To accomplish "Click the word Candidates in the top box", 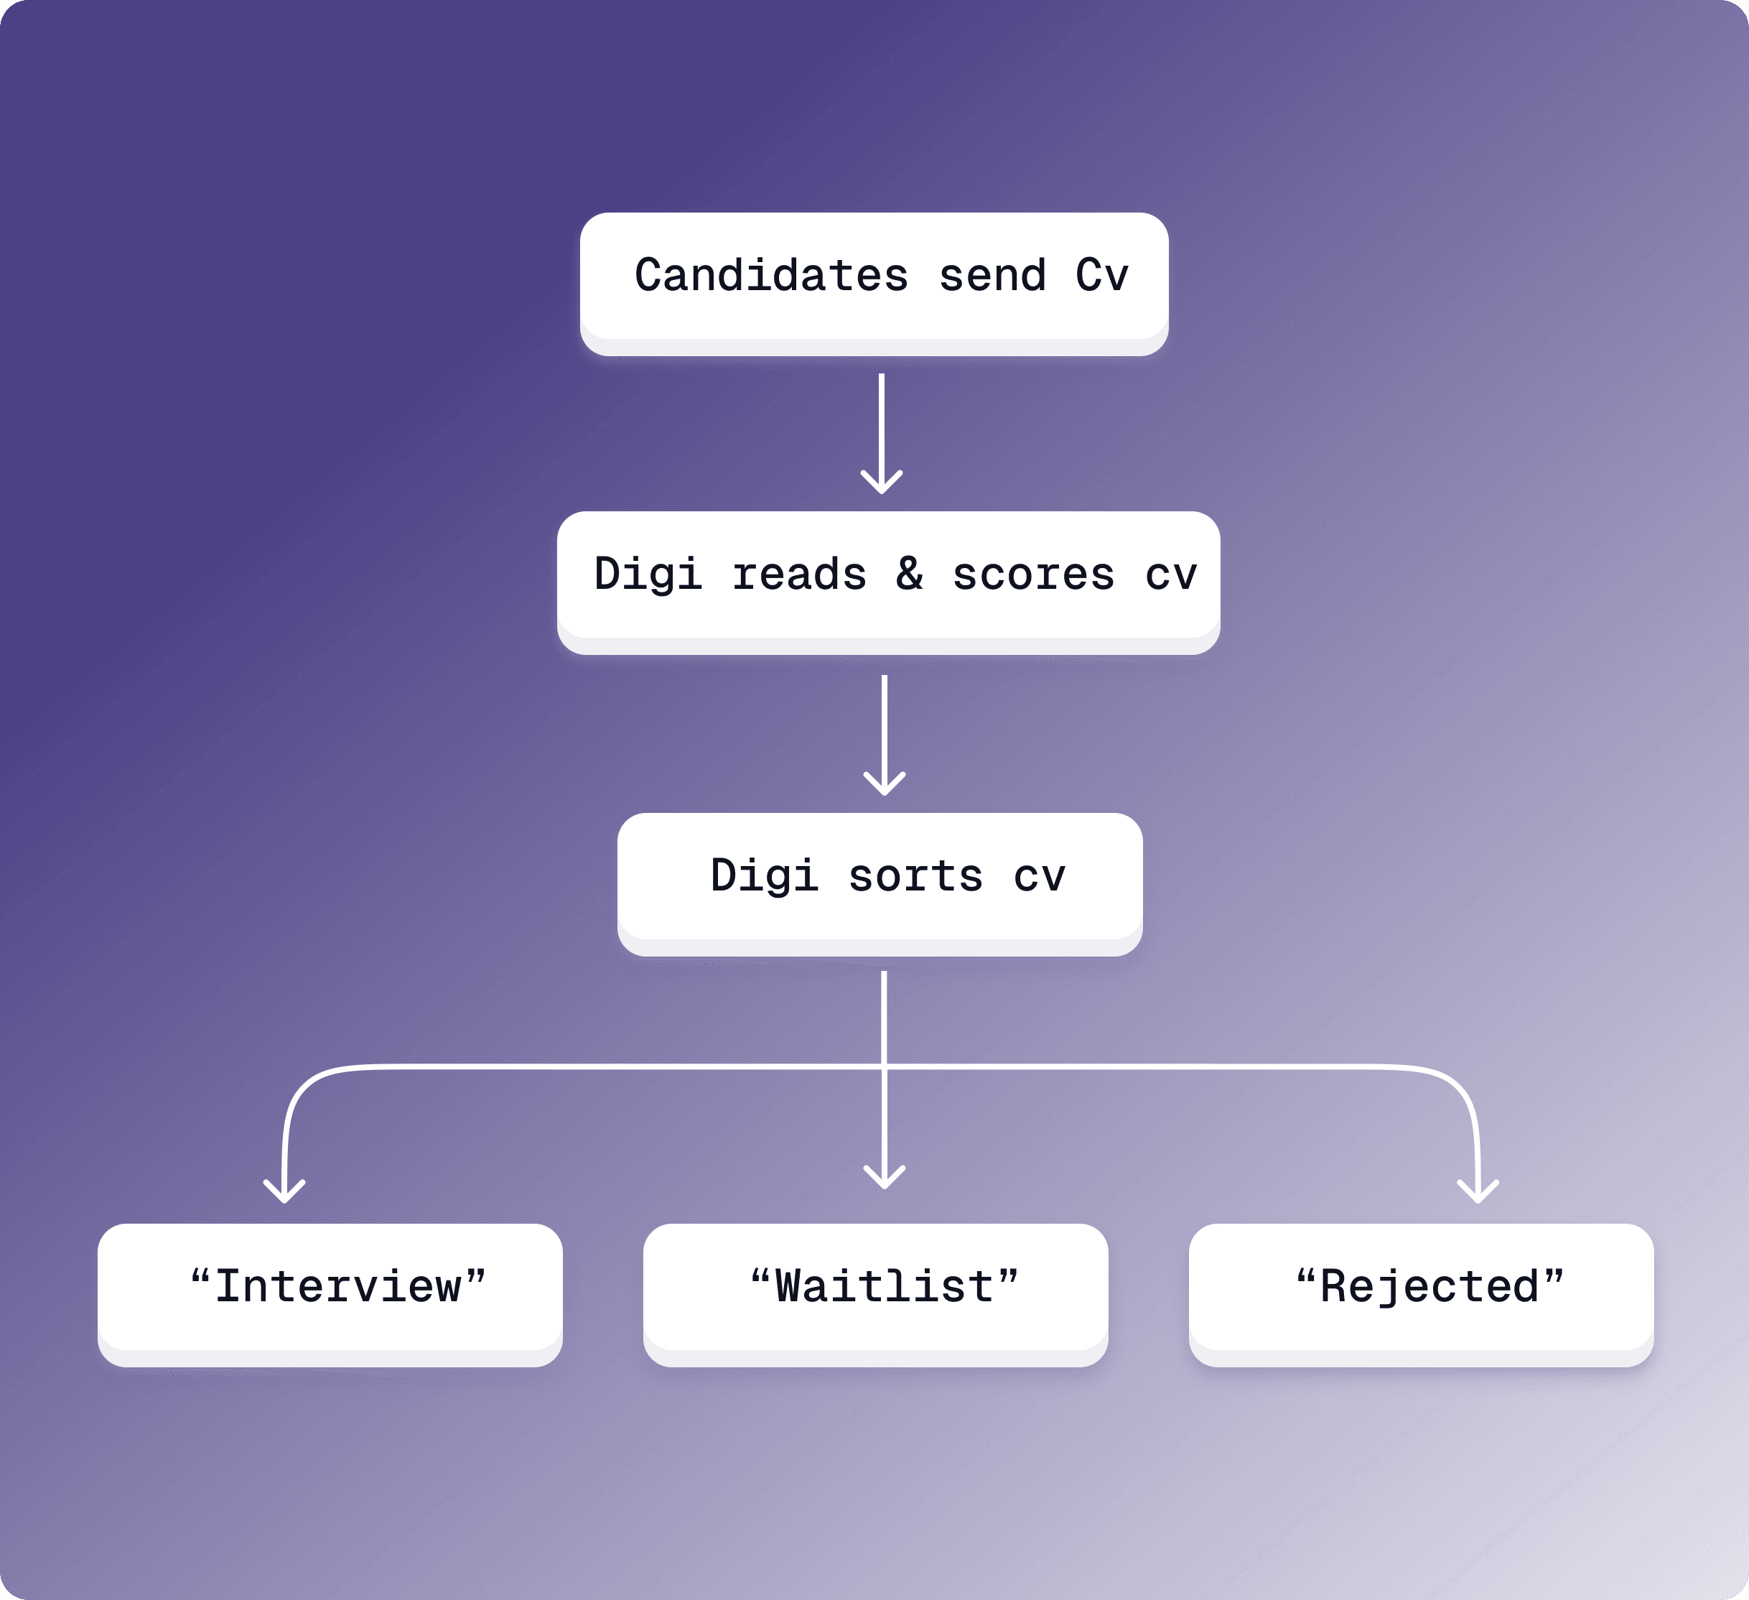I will (771, 276).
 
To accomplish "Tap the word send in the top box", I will (992, 276).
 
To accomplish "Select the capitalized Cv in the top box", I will (1102, 276).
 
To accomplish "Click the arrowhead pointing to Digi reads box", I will (882, 483).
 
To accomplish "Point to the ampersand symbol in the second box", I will (909, 574).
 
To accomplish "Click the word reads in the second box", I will (799, 575).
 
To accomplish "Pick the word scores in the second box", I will (1033, 575).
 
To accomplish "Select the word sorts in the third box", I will (915, 875).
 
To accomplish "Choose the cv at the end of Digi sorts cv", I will (1040, 876).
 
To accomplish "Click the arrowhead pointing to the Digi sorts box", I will (884, 784).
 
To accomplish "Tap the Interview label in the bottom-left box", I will (338, 1286).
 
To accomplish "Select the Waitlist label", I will (884, 1286).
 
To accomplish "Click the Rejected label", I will (1429, 1286).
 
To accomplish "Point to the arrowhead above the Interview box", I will (284, 1192).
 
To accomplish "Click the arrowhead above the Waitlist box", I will (884, 1178).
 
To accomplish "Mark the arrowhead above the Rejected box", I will (1478, 1192).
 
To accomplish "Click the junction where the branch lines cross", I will (884, 1066).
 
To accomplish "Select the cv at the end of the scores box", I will (1171, 575).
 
